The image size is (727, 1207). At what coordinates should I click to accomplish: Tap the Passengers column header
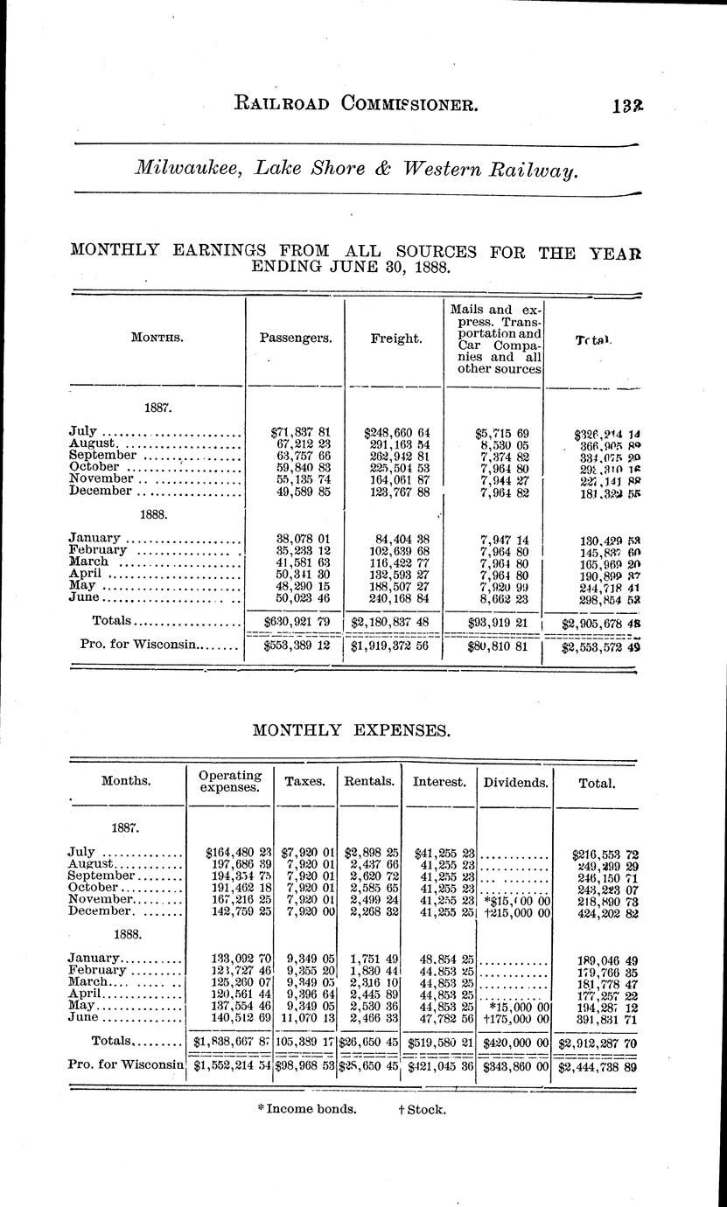click(x=296, y=338)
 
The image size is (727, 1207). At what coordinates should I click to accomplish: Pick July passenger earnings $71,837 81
click(x=295, y=432)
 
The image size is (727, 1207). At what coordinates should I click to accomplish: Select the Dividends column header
click(x=515, y=784)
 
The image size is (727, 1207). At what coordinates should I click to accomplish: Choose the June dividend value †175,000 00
click(x=516, y=1018)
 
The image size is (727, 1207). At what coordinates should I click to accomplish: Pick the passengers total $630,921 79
click(x=295, y=621)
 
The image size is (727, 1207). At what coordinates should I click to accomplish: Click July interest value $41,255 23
click(x=439, y=851)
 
